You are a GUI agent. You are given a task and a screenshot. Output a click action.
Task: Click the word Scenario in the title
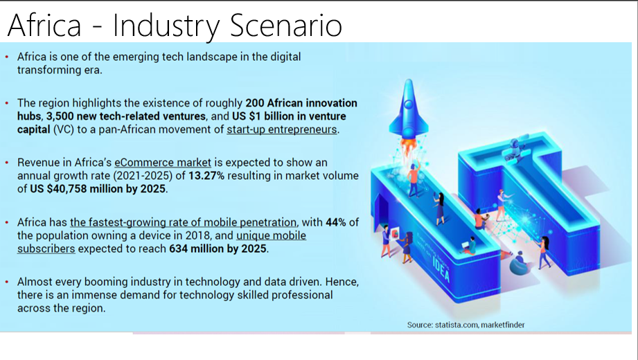point(286,25)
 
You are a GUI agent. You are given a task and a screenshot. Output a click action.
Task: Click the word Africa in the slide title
point(44,25)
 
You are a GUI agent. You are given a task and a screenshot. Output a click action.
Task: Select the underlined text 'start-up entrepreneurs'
point(281,129)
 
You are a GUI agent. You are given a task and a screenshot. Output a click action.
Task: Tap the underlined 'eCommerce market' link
point(163,162)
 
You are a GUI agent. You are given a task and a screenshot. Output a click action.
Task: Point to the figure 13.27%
point(206,176)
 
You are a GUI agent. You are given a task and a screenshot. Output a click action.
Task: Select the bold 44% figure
point(336,222)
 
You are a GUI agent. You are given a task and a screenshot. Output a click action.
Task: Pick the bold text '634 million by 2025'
point(218,249)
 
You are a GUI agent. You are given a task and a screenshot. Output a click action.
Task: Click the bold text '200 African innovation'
point(301,103)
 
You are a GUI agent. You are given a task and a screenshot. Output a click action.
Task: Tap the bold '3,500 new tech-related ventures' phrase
point(125,116)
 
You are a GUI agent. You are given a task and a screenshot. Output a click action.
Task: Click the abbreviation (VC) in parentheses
point(64,129)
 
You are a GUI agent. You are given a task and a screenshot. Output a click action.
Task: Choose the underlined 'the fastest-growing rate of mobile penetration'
point(183,222)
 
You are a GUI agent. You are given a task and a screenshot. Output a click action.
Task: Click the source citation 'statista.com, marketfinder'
point(480,325)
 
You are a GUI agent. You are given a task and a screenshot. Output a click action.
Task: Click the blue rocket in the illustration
point(408,108)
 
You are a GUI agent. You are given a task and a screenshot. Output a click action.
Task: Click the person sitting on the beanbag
point(519,263)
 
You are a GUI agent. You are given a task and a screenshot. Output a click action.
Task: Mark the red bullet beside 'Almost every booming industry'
point(7,282)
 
